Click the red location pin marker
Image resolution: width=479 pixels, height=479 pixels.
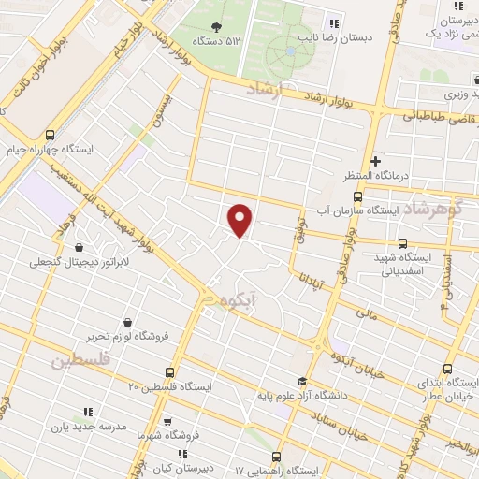click(240, 219)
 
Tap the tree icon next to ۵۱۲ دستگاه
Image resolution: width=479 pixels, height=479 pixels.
click(217, 27)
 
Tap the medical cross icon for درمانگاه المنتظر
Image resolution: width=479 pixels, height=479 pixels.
click(375, 160)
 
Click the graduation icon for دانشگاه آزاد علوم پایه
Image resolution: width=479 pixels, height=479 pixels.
click(301, 381)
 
